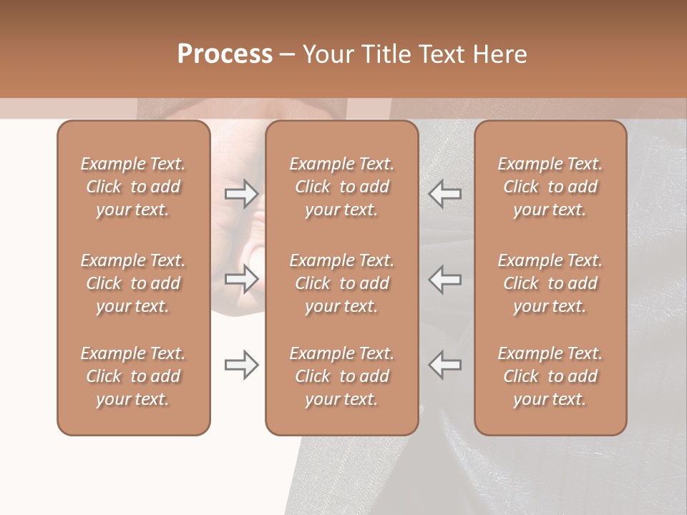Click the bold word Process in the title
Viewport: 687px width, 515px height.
(x=225, y=54)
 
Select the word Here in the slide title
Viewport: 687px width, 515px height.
(x=502, y=54)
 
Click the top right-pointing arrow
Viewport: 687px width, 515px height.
(x=242, y=194)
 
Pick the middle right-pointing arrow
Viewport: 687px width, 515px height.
(x=242, y=279)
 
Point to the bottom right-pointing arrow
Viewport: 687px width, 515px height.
(x=242, y=365)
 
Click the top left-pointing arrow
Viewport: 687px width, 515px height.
(x=444, y=194)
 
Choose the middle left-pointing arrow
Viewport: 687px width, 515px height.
(x=444, y=279)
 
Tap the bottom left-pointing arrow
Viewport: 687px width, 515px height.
(x=444, y=365)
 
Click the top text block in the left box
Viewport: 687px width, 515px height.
(x=133, y=187)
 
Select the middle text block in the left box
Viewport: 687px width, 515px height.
(x=133, y=283)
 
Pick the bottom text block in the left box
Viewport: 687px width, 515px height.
(x=133, y=376)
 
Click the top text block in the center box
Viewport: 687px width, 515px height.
(x=341, y=187)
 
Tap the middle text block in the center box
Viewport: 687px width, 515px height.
(x=341, y=283)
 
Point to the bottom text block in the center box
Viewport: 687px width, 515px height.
(x=341, y=376)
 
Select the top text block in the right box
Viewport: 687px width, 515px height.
(x=550, y=187)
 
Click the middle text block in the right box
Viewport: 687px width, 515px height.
(x=550, y=283)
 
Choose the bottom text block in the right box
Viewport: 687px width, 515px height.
(x=550, y=376)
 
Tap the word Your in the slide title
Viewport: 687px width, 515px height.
(x=326, y=54)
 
